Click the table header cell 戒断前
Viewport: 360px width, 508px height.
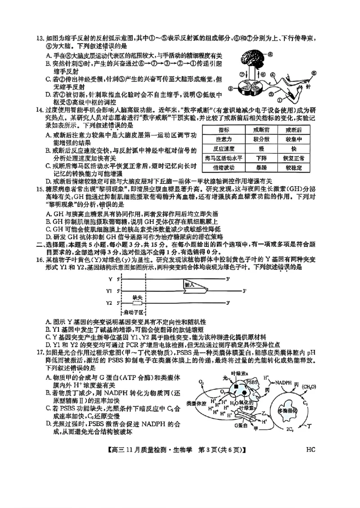pyautogui.click(x=255, y=129)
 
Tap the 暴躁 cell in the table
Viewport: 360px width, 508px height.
pyautogui.click(x=255, y=168)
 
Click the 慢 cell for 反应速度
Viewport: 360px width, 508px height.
pyautogui.click(x=255, y=149)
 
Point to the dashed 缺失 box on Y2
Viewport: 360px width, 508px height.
pyautogui.click(x=136, y=303)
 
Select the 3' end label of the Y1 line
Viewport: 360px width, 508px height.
pyautogui.click(x=245, y=291)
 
